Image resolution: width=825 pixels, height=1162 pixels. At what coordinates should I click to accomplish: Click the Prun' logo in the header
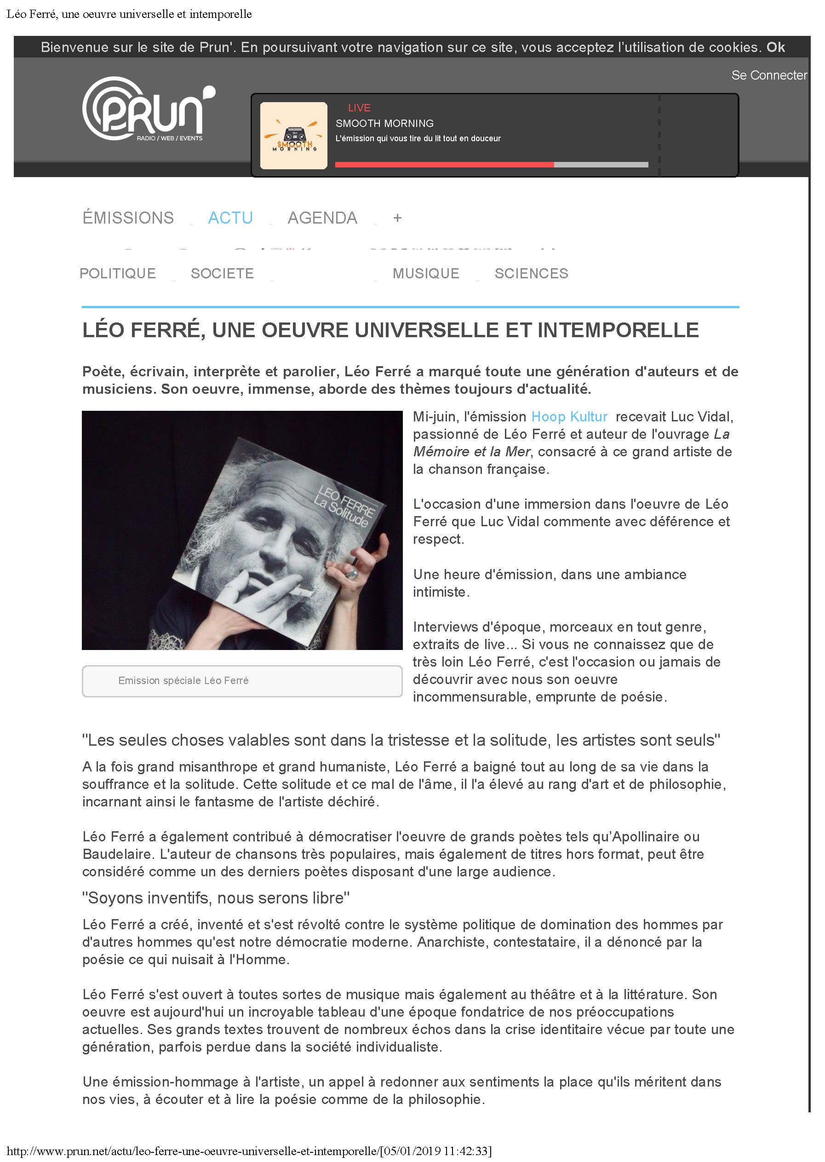[148, 109]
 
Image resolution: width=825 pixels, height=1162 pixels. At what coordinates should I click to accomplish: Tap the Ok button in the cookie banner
[775, 47]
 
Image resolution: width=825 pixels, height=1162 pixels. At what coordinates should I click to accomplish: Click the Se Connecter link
[768, 75]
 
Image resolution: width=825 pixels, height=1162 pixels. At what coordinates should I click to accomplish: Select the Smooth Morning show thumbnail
[294, 136]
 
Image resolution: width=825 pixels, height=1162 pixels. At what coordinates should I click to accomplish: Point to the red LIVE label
[359, 108]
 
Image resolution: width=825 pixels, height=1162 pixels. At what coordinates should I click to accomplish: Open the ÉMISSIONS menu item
[128, 218]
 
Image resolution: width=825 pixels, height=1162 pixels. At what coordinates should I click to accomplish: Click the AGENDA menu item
[322, 218]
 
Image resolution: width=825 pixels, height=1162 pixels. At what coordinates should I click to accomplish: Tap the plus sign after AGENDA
[397, 218]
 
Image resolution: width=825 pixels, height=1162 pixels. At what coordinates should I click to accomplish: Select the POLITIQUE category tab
[118, 273]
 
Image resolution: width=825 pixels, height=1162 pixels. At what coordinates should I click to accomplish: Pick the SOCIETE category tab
[222, 273]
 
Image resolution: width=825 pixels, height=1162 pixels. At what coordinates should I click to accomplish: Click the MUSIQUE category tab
[426, 273]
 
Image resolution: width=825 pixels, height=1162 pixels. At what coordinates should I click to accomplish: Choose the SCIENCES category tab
[531, 273]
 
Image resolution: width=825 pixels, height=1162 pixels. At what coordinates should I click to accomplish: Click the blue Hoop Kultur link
[569, 417]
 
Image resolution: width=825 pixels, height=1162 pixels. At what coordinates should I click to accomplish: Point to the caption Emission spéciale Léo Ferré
[183, 680]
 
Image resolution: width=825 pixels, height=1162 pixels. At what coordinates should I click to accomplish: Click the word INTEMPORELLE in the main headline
[618, 330]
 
